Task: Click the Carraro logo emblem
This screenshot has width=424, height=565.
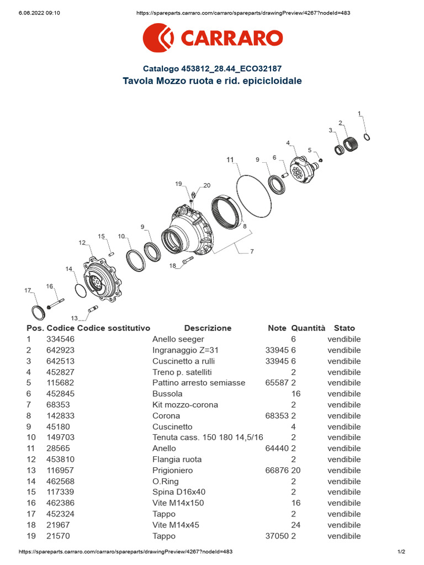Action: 158,38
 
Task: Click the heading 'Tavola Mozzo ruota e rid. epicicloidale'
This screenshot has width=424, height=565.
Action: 212,81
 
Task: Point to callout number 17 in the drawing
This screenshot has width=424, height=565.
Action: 28,290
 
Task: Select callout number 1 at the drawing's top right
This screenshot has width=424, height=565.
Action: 359,114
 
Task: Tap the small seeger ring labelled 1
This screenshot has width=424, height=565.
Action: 367,136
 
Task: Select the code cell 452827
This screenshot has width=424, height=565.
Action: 60,372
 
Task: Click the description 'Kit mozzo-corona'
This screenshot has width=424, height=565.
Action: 185,404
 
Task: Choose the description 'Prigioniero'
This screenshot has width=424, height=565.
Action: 172,470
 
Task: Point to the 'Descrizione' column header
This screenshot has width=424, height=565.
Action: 208,328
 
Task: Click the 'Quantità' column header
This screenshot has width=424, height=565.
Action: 308,328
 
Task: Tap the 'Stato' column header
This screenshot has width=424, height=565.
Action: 344,328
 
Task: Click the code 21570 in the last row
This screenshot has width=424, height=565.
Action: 58,536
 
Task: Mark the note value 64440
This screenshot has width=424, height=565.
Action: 277,448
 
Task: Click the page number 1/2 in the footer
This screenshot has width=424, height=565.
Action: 401,552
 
